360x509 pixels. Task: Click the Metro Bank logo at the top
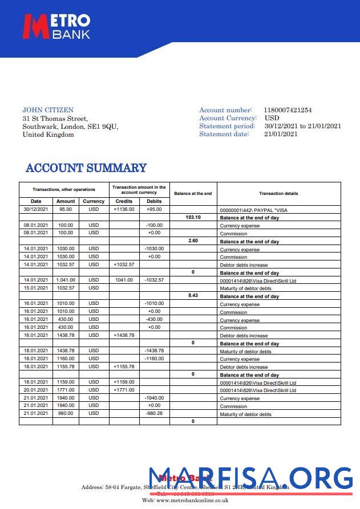pyautogui.click(x=56, y=27)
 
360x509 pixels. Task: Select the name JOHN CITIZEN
pyautogui.click(x=48, y=110)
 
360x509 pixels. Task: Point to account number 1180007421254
pyautogui.click(x=288, y=110)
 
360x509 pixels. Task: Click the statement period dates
pyautogui.click(x=302, y=126)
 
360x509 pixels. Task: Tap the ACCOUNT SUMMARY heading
pyautogui.click(x=86, y=168)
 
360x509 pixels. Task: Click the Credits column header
pyautogui.click(x=124, y=201)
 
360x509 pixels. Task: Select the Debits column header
pyautogui.click(x=154, y=201)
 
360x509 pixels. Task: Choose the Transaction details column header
pyautogui.click(x=278, y=193)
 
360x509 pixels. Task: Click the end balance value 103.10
pyautogui.click(x=193, y=217)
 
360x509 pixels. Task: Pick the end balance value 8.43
pyautogui.click(x=193, y=296)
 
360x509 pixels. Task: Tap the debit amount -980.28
pyautogui.click(x=154, y=413)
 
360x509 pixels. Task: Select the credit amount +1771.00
pyautogui.click(x=124, y=390)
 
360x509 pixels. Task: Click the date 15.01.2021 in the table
pyautogui.click(x=36, y=288)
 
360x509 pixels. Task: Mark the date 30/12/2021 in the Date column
pyautogui.click(x=36, y=209)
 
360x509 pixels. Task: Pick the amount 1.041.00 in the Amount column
pyautogui.click(x=65, y=280)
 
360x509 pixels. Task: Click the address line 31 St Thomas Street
pyautogui.click(x=55, y=119)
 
